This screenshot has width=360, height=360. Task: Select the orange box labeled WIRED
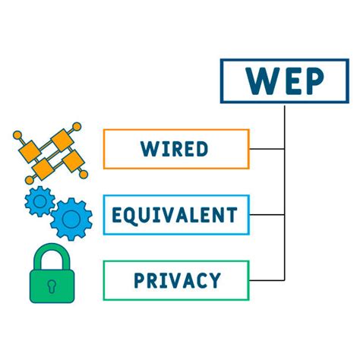(175, 149)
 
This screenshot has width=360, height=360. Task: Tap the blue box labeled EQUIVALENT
(175, 215)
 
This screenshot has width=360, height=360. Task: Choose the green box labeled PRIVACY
(175, 280)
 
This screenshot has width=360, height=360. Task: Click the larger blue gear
(71, 219)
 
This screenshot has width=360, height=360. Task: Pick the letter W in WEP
(258, 81)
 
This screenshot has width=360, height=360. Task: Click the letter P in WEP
(314, 81)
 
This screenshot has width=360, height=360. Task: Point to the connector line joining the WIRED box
(267, 149)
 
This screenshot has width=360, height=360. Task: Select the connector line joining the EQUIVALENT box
(267, 215)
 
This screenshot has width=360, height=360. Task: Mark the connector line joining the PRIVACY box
(267, 280)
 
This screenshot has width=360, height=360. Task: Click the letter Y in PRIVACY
(215, 280)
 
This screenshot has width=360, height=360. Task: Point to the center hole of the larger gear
(71, 219)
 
